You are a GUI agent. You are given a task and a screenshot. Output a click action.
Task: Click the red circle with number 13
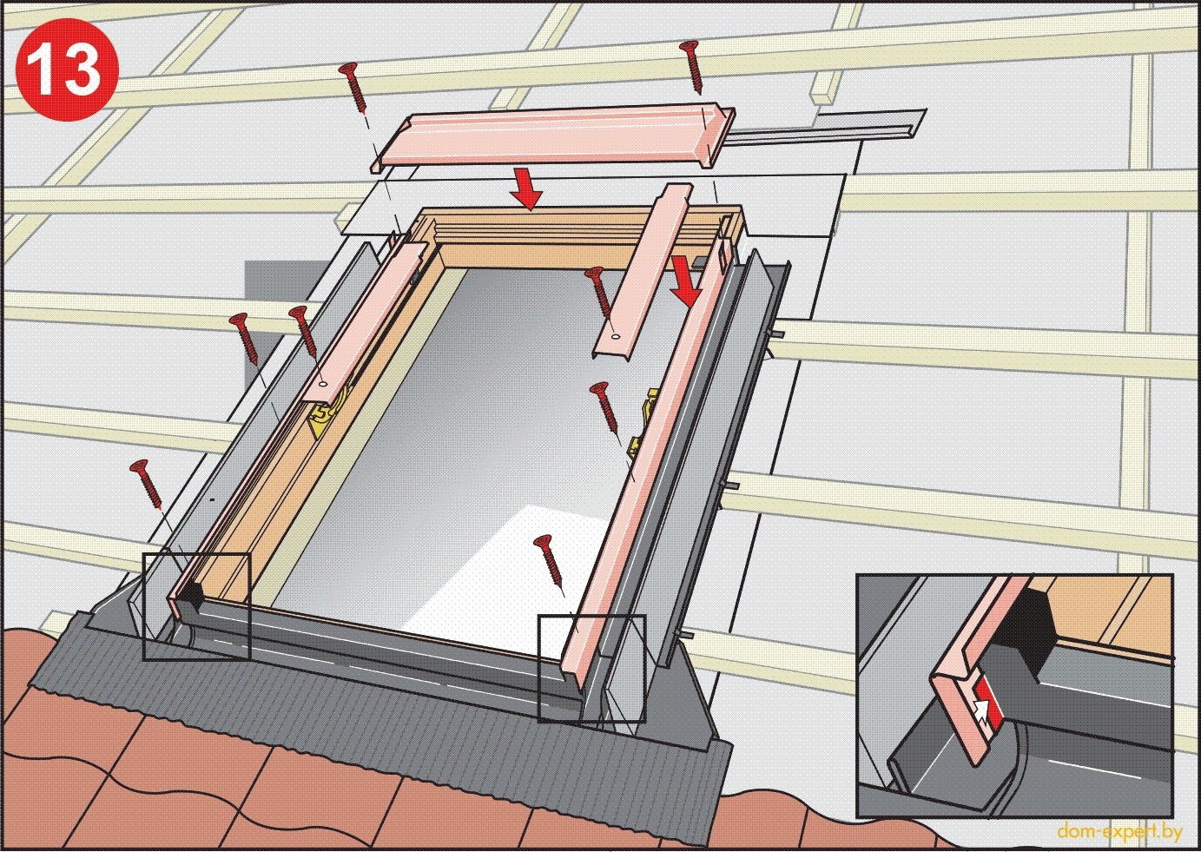pos(66,66)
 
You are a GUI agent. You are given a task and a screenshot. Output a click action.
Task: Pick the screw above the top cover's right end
pos(693,67)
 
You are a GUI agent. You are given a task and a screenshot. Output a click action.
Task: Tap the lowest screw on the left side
pos(147,484)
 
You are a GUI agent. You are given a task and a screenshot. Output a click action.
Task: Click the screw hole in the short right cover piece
pos(615,337)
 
